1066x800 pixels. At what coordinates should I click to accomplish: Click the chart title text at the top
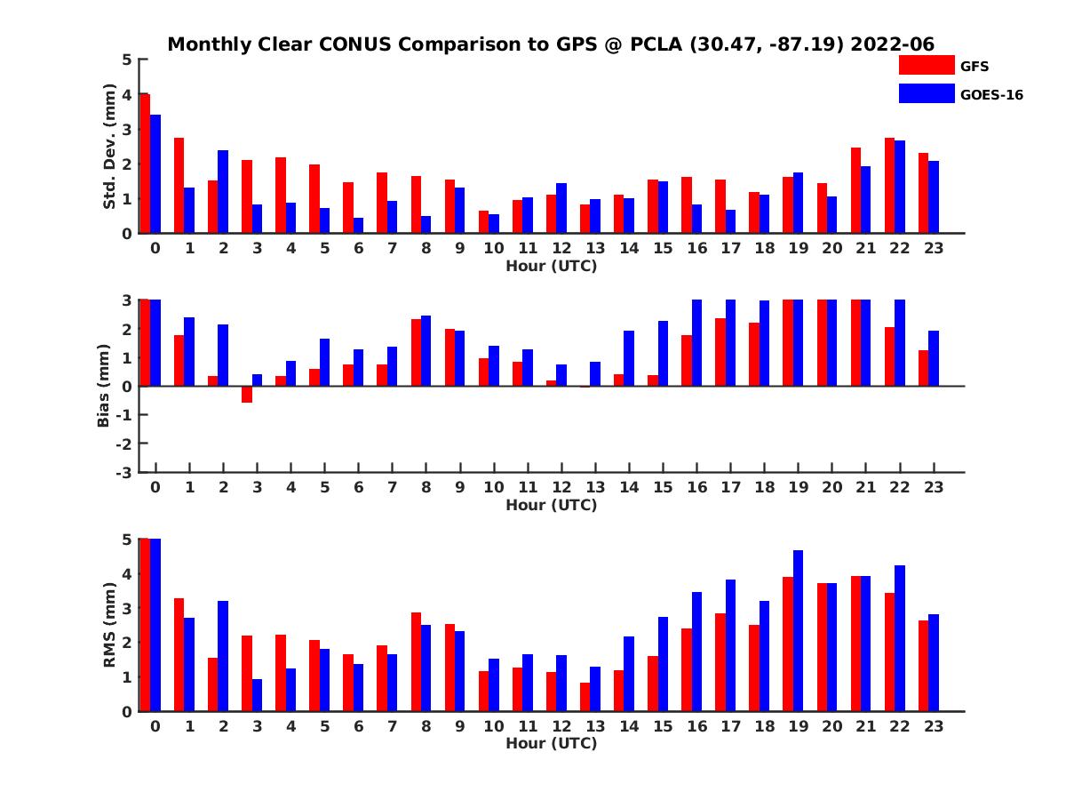[x=551, y=44]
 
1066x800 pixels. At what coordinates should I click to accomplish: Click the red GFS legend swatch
[x=927, y=65]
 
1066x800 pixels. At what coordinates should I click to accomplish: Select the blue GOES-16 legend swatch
[x=927, y=93]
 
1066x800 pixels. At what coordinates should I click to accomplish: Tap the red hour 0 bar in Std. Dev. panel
[x=146, y=164]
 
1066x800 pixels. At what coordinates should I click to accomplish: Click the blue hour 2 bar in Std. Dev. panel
[x=223, y=192]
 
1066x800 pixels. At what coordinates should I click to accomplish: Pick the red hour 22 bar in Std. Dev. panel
[x=889, y=186]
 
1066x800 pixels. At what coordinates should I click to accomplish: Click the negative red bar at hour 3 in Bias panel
[x=247, y=395]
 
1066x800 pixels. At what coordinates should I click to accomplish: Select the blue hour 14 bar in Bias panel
[x=629, y=358]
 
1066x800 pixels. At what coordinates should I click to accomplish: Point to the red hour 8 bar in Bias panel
[x=416, y=353]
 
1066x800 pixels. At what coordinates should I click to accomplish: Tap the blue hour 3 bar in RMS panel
[x=257, y=695]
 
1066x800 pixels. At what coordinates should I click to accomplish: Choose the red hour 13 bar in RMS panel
[x=585, y=697]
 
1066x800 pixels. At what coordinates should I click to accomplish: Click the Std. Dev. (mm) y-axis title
[x=110, y=147]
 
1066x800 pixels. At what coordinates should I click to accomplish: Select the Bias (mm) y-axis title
[x=104, y=385]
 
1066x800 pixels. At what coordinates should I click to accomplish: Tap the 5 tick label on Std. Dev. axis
[x=128, y=60]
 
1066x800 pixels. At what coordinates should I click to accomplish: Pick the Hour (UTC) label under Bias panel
[x=551, y=505]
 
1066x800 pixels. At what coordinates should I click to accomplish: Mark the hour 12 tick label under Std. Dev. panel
[x=561, y=249]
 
